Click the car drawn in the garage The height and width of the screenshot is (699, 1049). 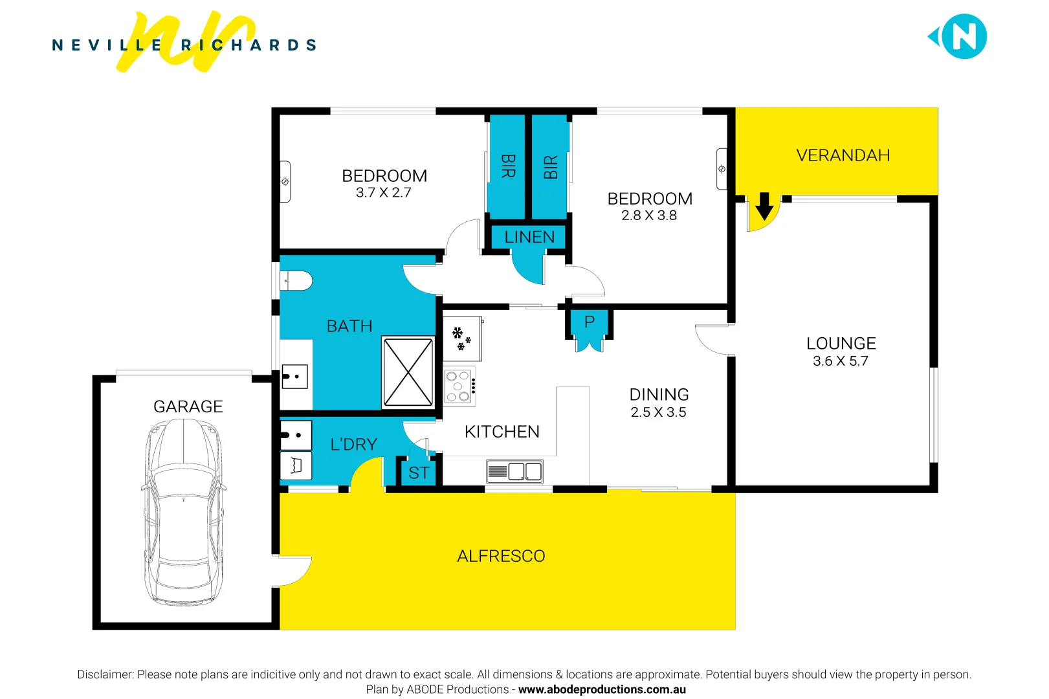184,511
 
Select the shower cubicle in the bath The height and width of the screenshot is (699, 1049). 408,372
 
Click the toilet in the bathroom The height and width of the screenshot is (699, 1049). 296,281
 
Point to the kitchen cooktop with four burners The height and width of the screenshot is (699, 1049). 459,386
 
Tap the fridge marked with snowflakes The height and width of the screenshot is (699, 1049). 462,339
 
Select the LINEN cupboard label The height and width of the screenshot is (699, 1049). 529,238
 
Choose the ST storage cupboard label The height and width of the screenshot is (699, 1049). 419,473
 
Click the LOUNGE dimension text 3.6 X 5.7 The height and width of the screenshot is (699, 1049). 840,361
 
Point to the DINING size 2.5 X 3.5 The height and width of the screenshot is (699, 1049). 658,412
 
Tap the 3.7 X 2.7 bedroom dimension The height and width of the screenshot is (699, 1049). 383,193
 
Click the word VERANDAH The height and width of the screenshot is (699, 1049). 843,155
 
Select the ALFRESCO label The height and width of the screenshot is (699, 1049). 501,556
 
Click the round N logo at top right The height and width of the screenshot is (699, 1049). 963,37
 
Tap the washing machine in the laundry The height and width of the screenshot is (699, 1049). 296,465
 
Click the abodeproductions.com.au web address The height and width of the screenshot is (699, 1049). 602,689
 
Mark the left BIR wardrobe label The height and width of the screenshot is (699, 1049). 508,166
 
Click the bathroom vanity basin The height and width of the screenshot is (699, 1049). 295,376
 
